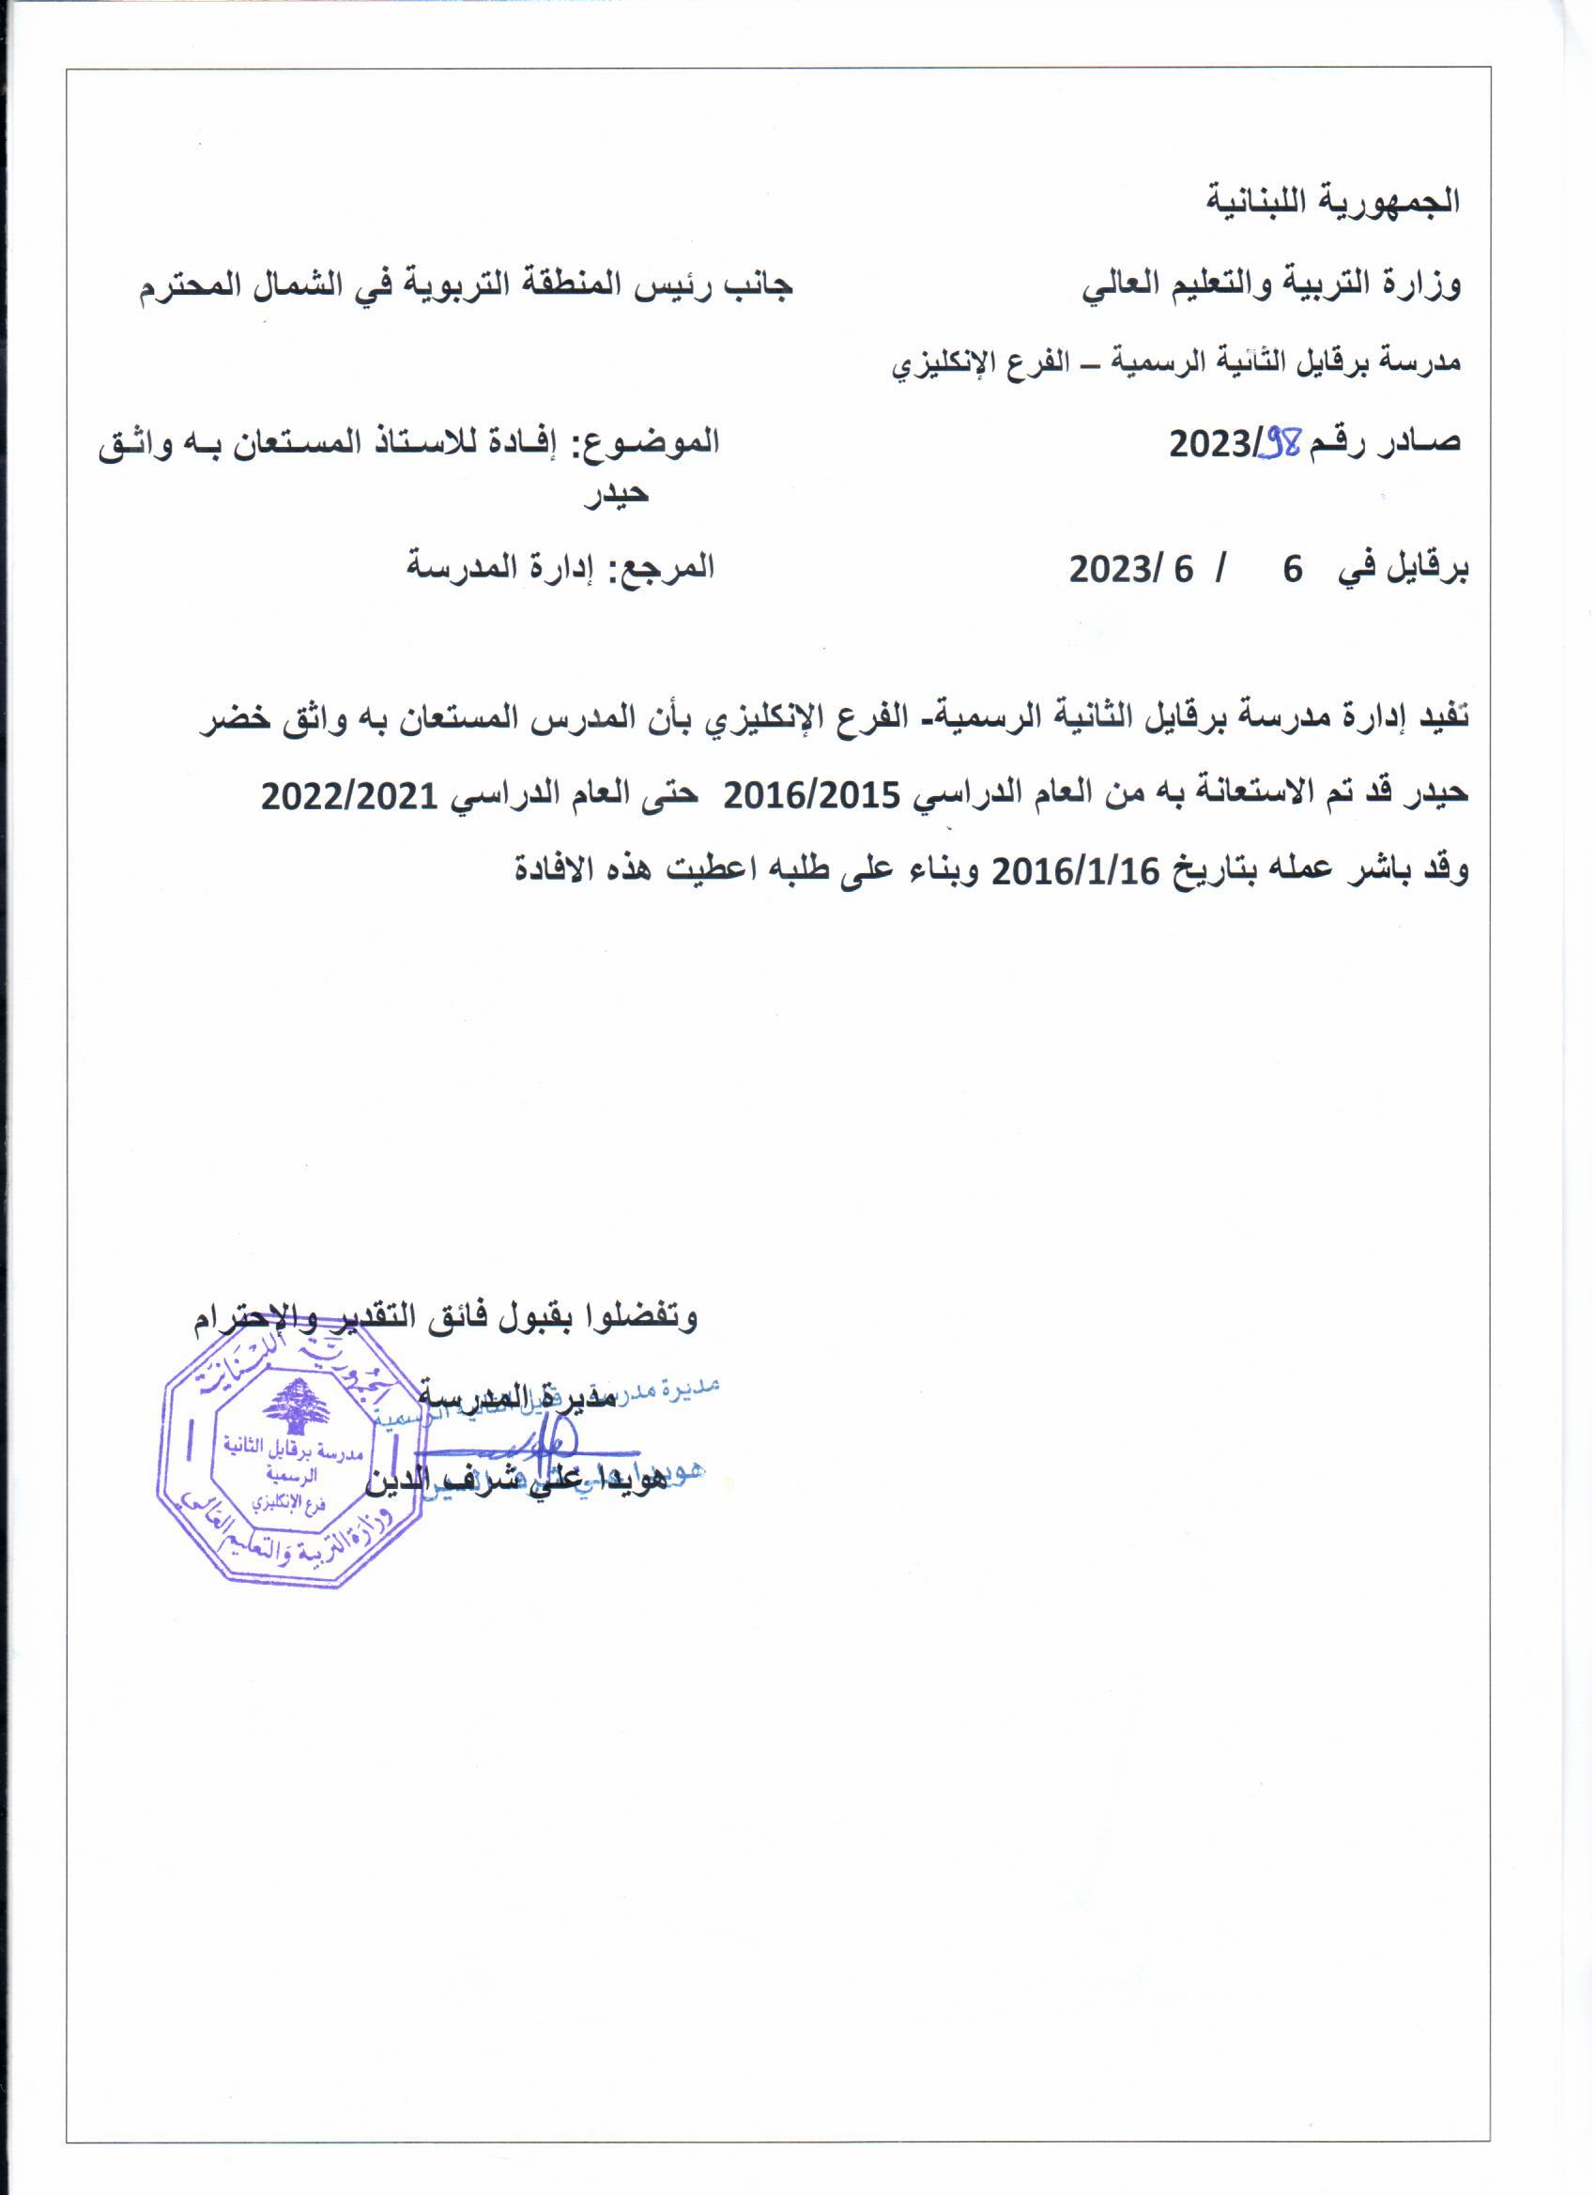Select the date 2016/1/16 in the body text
1076,871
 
